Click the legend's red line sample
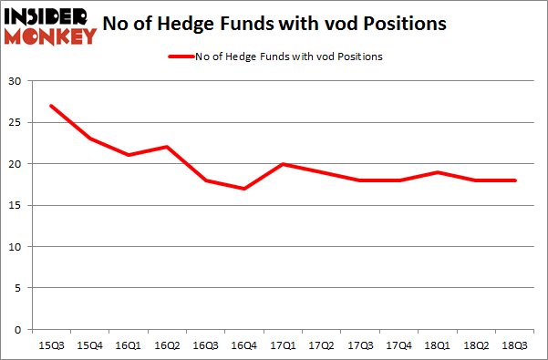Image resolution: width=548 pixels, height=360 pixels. [x=182, y=57]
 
